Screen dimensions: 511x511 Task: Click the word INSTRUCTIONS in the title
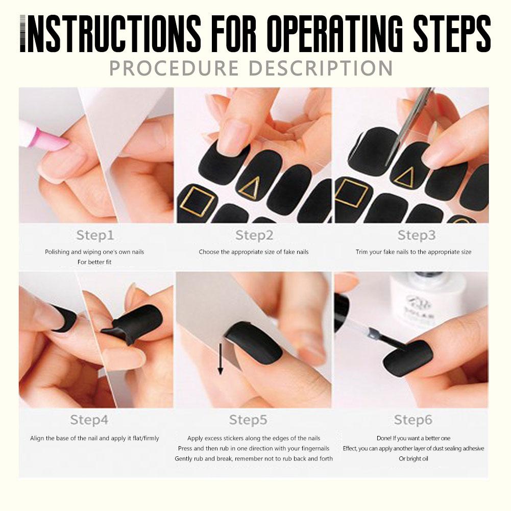110,34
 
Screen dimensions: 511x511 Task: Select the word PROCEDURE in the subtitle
174,68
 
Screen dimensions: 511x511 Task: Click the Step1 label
95,235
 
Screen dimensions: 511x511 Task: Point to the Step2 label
254,235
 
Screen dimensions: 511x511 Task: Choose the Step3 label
417,235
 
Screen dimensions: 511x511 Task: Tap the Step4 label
89,420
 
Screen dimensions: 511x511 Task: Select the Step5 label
248,420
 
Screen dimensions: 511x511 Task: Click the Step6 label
413,420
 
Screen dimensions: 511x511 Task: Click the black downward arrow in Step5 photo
221,359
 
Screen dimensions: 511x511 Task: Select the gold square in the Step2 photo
197,200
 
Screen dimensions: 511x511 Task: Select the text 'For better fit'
94,262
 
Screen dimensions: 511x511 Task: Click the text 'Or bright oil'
413,458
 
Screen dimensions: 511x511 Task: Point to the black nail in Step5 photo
254,343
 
